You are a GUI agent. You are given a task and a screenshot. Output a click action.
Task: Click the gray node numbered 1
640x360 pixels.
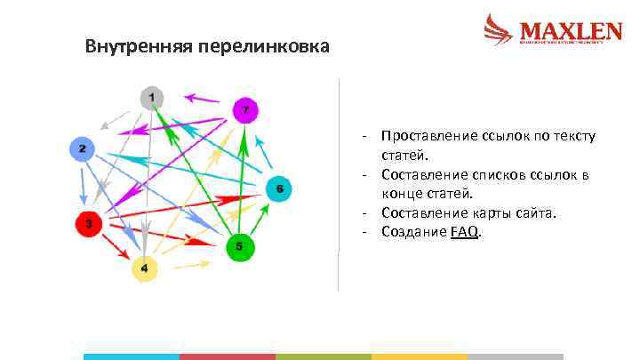point(152,97)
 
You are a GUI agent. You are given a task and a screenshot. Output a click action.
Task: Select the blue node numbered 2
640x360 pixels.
point(82,149)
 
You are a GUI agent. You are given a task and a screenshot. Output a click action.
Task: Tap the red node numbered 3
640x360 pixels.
point(88,223)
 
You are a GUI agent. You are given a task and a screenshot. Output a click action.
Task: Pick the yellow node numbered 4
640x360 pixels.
point(145,268)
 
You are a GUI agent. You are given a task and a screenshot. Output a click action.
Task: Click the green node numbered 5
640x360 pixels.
point(239,246)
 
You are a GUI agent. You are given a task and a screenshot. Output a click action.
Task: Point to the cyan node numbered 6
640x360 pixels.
point(279,188)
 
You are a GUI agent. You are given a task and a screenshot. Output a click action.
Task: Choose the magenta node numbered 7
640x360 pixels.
point(246,110)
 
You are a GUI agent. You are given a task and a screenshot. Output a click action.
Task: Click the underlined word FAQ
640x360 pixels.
point(465,232)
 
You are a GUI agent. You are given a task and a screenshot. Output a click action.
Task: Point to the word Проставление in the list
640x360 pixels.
point(426,136)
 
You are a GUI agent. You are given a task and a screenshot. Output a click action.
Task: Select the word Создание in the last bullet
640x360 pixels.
point(413,232)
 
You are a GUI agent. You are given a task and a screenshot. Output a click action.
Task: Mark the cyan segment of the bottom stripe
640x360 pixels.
point(131,356)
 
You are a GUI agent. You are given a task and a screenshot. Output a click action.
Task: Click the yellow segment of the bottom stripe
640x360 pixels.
point(419,356)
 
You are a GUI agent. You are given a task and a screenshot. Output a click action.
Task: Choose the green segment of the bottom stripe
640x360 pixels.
point(323,356)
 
